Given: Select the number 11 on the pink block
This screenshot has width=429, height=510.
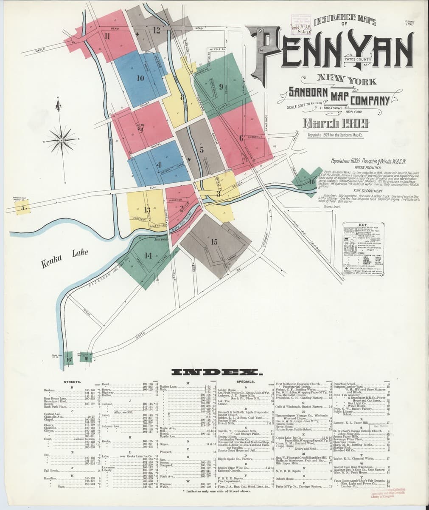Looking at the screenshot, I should [x=108, y=37].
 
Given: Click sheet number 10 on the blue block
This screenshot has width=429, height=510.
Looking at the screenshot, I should [x=140, y=78].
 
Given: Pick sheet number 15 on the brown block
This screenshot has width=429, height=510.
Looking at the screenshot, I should [x=214, y=242].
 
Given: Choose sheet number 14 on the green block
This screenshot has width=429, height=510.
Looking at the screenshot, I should [x=148, y=256].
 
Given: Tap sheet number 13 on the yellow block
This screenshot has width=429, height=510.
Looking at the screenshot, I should [x=147, y=210].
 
